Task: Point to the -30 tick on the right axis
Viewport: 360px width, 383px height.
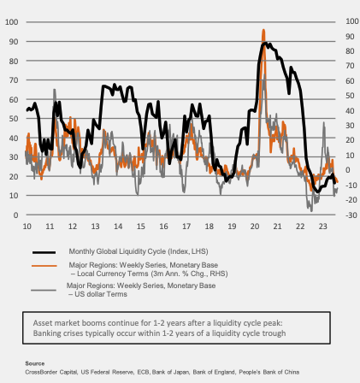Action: pos(351,215)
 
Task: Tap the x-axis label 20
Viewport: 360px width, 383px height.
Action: pos(255,227)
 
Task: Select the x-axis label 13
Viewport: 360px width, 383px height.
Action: pos(95,227)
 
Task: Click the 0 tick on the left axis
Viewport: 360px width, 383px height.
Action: pos(15,215)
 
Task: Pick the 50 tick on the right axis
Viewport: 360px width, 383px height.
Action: pos(350,96)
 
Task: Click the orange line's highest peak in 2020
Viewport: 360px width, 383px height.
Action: pos(263,30)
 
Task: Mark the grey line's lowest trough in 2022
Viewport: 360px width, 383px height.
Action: pos(311,211)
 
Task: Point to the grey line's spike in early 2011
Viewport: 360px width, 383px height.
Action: pos(54,90)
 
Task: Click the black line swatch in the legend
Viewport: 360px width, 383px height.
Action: pos(44,252)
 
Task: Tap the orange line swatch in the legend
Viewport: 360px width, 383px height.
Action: pos(44,266)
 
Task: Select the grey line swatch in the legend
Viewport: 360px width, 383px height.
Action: pos(44,290)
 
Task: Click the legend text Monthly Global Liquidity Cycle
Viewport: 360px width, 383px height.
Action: pos(117,251)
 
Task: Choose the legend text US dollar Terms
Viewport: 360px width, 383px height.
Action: pos(101,294)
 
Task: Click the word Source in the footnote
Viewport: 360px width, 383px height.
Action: pos(35,363)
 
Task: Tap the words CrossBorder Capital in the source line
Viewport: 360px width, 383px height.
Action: pos(51,372)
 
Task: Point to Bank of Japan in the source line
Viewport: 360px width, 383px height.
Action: pos(170,372)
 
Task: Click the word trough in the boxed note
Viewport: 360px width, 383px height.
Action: pos(274,333)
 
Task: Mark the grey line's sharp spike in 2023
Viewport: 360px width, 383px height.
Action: pos(324,123)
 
